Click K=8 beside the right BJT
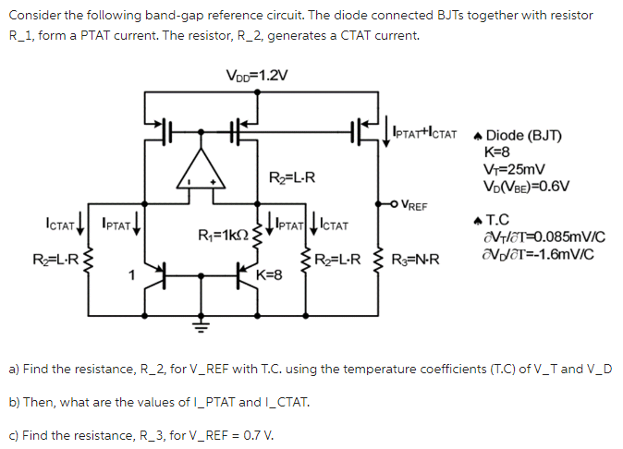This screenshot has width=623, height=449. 268,274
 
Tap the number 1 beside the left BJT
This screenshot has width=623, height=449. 131,273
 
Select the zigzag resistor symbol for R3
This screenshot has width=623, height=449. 380,262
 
